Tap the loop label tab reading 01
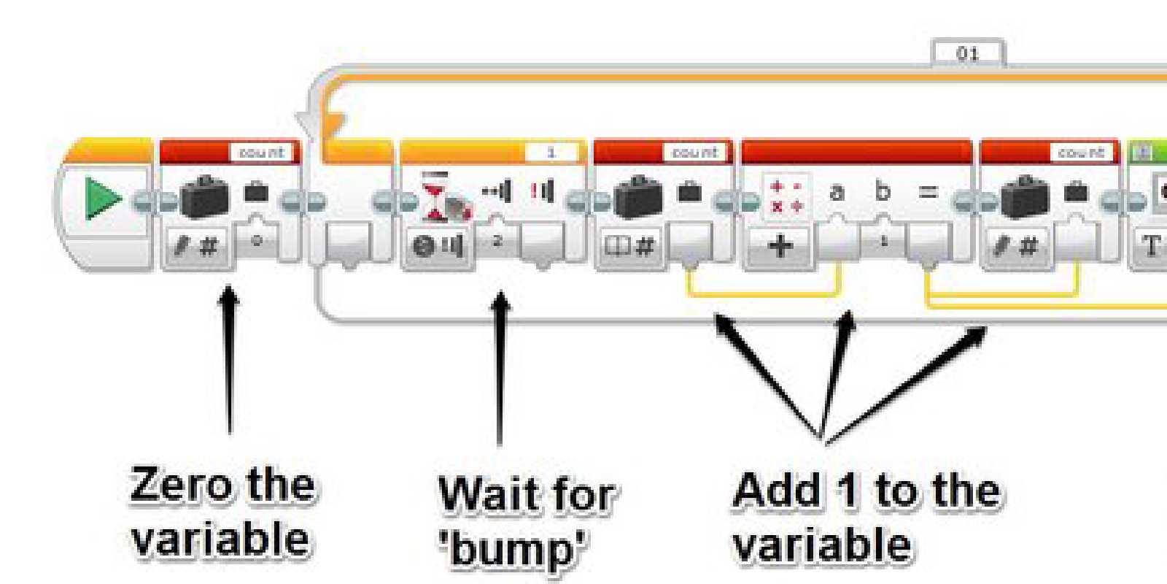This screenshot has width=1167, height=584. tap(968, 53)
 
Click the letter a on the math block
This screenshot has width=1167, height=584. tap(837, 192)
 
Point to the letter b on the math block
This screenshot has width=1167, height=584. tap(883, 191)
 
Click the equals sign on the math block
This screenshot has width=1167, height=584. tap(927, 193)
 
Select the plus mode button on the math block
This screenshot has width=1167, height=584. tap(780, 245)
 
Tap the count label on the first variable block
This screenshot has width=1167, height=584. tap(261, 153)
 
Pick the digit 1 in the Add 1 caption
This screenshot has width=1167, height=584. tap(848, 490)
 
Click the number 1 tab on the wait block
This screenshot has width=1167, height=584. tap(551, 153)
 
